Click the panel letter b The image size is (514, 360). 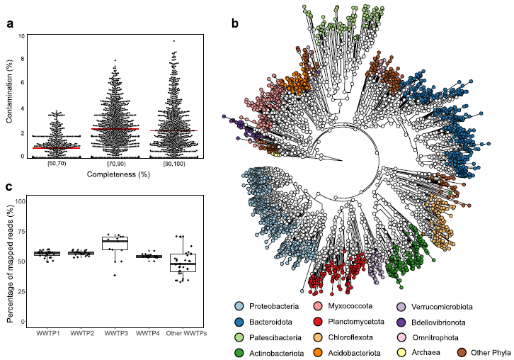pyautogui.click(x=234, y=23)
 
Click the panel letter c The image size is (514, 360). pyautogui.click(x=10, y=186)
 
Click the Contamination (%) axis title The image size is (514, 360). pyautogui.click(x=10, y=96)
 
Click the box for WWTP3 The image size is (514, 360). pyautogui.click(x=115, y=244)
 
